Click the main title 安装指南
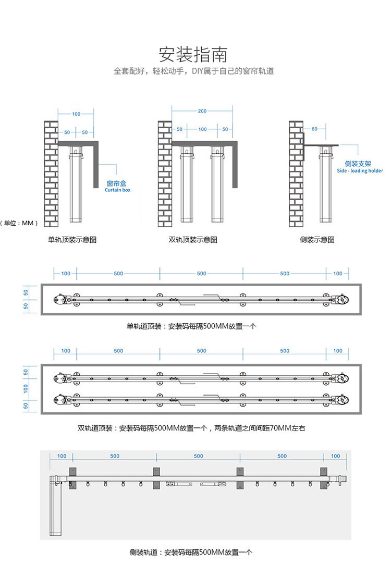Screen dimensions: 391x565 [x=193, y=55]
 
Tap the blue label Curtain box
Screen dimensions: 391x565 [x=117, y=190]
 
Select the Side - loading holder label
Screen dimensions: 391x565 [x=360, y=171]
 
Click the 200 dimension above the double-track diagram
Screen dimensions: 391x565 [x=202, y=111]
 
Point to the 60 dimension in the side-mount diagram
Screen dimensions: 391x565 [x=314, y=129]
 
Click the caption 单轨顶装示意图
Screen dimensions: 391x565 [x=72, y=240]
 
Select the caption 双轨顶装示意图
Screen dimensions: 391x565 [x=193, y=240]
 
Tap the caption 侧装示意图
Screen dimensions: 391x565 [x=317, y=240]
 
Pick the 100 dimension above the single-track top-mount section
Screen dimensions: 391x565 [x=76, y=114]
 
